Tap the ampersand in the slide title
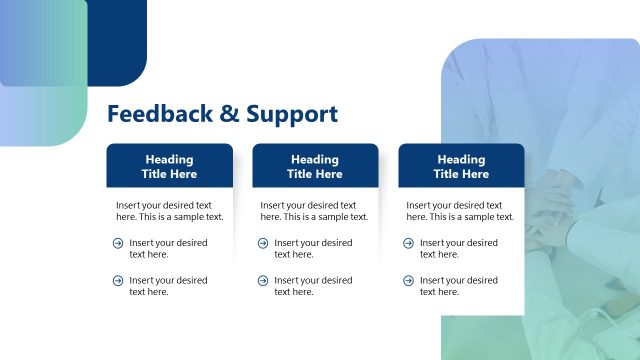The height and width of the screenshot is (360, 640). pos(229,114)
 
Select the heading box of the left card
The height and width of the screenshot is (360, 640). pos(169,166)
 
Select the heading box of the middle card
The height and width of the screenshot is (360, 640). pos(315,166)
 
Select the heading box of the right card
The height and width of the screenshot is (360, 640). pos(461,166)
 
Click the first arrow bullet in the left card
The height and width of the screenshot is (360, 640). pos(118,243)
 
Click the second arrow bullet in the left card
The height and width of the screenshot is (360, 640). pos(118,281)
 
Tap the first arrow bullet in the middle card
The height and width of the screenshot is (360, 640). pos(263,243)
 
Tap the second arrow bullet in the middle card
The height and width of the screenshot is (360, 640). pos(263,281)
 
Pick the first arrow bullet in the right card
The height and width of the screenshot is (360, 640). pos(409,243)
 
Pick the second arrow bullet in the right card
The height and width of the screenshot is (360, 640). pos(409,281)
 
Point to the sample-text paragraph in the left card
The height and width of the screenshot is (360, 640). pos(169,210)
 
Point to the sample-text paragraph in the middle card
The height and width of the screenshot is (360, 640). pos(314,210)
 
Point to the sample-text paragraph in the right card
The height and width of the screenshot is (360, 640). pos(460,210)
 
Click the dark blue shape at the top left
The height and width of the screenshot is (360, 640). pos(120,40)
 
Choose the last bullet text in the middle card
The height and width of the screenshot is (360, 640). pos(313,286)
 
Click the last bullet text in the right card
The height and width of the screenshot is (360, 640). pos(458,286)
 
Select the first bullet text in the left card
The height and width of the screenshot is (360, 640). pos(168,248)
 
